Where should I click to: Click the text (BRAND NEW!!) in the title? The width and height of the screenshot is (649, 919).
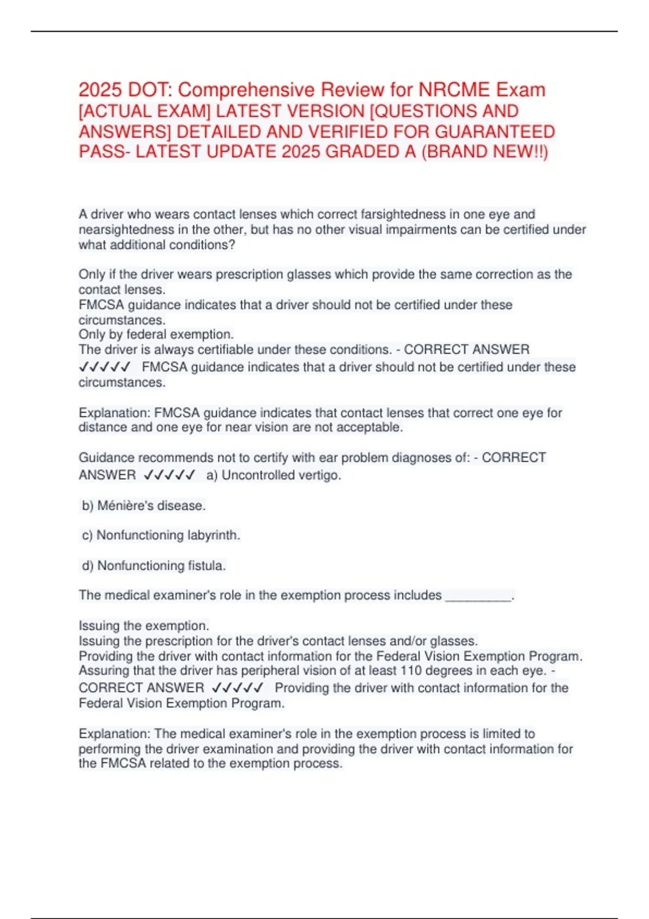(485, 152)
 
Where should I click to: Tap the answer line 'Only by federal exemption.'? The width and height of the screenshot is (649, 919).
(156, 334)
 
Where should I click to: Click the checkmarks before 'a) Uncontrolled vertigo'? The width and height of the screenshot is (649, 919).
(169, 475)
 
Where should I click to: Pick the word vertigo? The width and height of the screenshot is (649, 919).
(321, 475)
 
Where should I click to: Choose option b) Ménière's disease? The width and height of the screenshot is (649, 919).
(143, 505)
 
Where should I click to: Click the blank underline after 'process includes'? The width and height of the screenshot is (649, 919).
(478, 596)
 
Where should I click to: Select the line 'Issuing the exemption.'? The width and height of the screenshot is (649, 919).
(143, 625)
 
